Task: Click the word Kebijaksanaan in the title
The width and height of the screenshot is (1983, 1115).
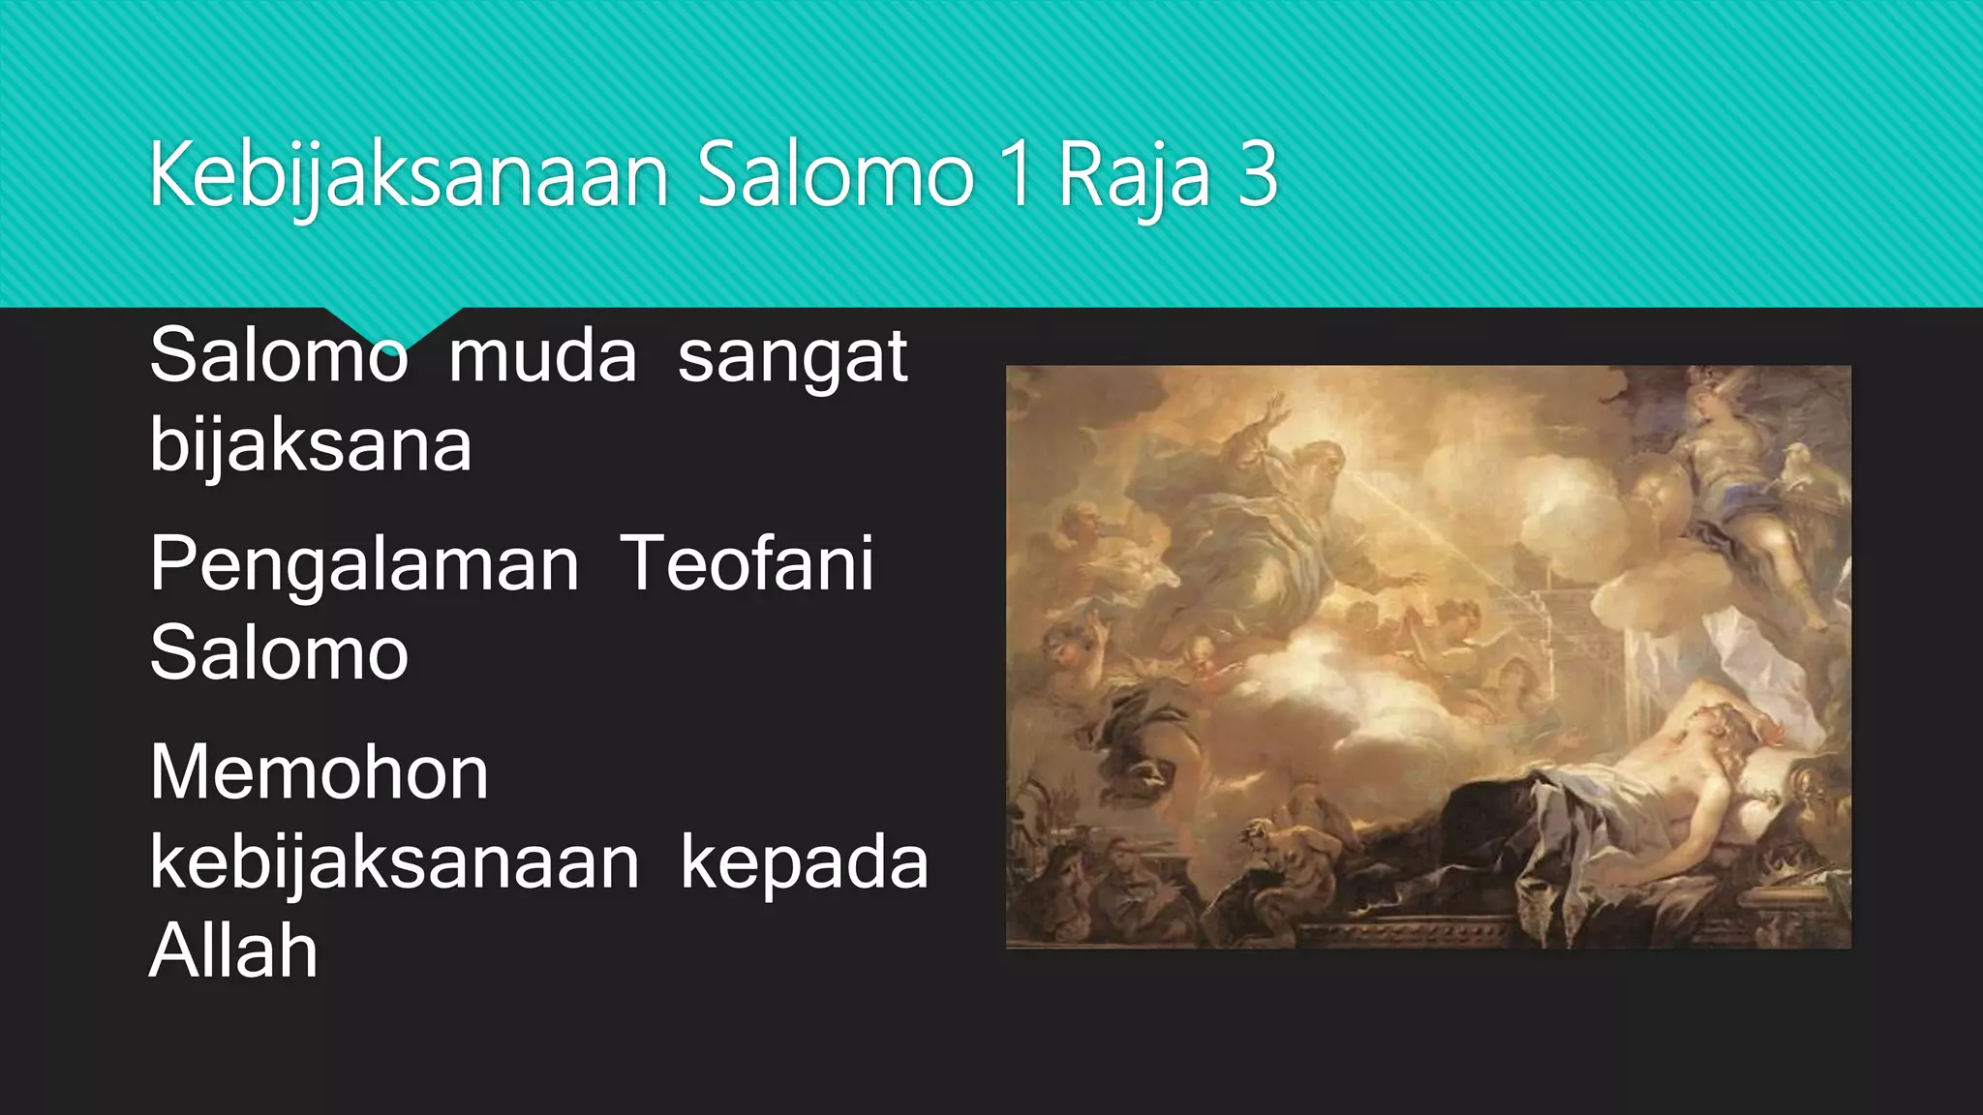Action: [x=409, y=176]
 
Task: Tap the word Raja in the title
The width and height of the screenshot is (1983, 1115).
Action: [x=1134, y=176]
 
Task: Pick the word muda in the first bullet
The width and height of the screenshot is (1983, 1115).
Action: [x=542, y=356]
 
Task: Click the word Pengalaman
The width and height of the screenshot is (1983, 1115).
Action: [x=364, y=565]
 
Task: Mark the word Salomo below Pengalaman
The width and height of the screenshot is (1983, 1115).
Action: [x=279, y=653]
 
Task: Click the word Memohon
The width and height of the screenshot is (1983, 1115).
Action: [x=320, y=773]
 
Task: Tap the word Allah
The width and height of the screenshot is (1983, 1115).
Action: [x=233, y=950]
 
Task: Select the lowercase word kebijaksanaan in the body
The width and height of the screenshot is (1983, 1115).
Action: [x=394, y=862]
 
